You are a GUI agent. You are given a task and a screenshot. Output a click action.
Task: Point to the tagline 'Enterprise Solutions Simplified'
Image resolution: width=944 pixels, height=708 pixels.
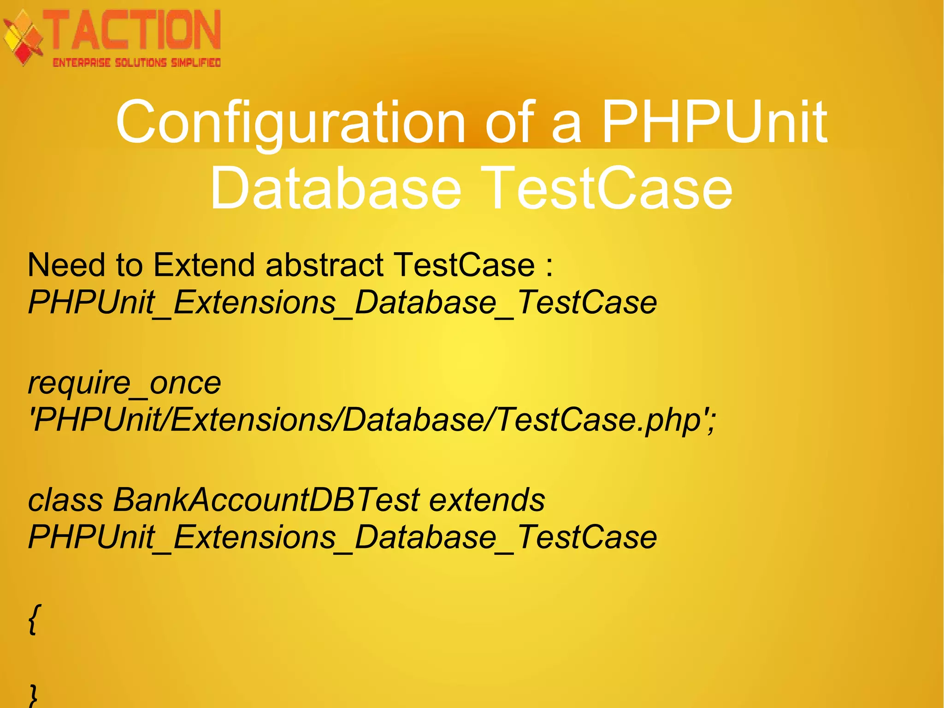click(x=137, y=63)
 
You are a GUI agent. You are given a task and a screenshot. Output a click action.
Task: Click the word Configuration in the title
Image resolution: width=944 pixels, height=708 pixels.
click(x=290, y=122)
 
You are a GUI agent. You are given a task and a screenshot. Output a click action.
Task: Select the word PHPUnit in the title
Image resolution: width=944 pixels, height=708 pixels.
click(x=714, y=122)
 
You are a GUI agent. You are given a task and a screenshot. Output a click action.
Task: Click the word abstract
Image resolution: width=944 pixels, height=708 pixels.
click(x=324, y=265)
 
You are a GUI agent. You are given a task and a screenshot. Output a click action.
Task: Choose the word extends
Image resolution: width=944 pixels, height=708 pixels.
click(x=487, y=500)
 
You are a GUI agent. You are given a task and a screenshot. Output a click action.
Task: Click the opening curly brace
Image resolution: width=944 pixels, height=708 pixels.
click(x=32, y=619)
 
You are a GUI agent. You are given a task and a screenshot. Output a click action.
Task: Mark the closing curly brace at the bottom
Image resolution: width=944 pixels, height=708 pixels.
click(x=33, y=696)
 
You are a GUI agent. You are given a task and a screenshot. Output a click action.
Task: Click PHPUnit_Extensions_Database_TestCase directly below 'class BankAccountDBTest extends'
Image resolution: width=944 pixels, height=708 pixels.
click(x=342, y=537)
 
